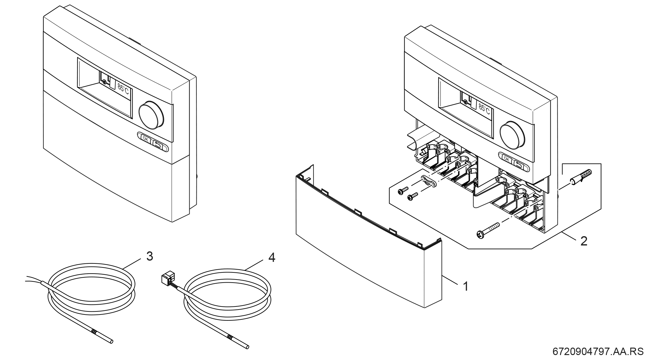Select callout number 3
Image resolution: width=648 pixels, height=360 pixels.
click(150, 256)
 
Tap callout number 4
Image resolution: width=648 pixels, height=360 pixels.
click(271, 258)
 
